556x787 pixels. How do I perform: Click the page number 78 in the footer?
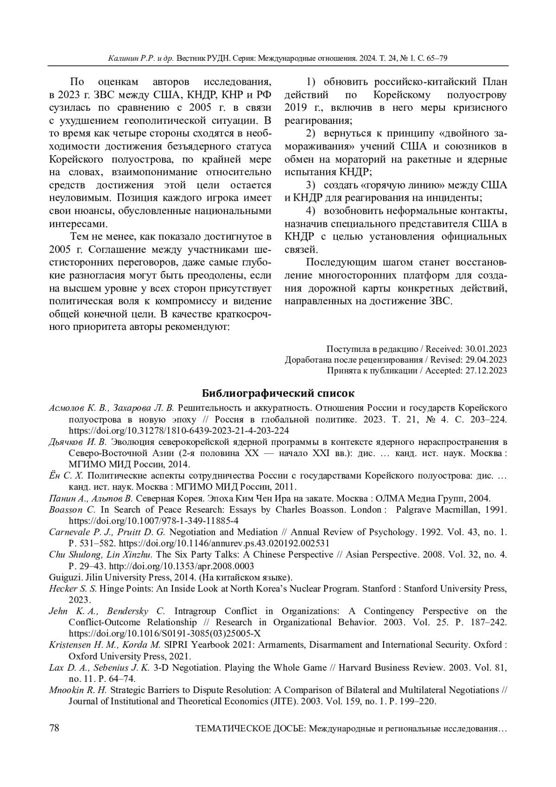pyautogui.click(x=54, y=728)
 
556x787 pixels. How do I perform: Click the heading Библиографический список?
pyautogui.click(x=278, y=393)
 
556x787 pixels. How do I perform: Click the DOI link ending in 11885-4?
pyautogui.click(x=154, y=520)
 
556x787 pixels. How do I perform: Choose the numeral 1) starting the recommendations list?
pyautogui.click(x=310, y=82)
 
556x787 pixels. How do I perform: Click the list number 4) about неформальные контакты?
pyautogui.click(x=310, y=211)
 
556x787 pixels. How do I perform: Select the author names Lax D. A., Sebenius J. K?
pyautogui.click(x=99, y=668)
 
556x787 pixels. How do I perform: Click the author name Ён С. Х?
pyautogui.click(x=66, y=476)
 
